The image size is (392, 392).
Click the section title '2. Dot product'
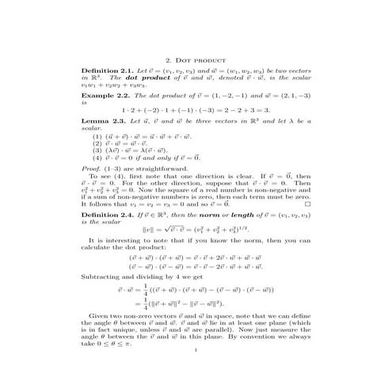(x=196, y=60)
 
